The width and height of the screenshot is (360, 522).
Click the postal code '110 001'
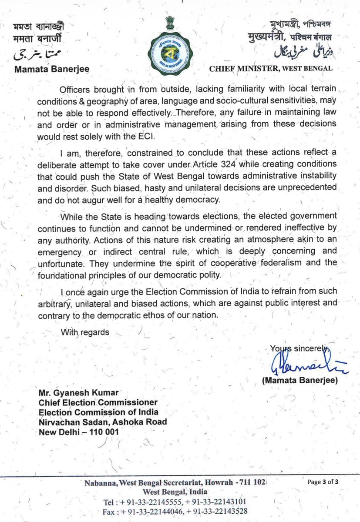pos(104,432)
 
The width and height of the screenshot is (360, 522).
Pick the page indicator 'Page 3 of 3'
pos(326,482)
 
